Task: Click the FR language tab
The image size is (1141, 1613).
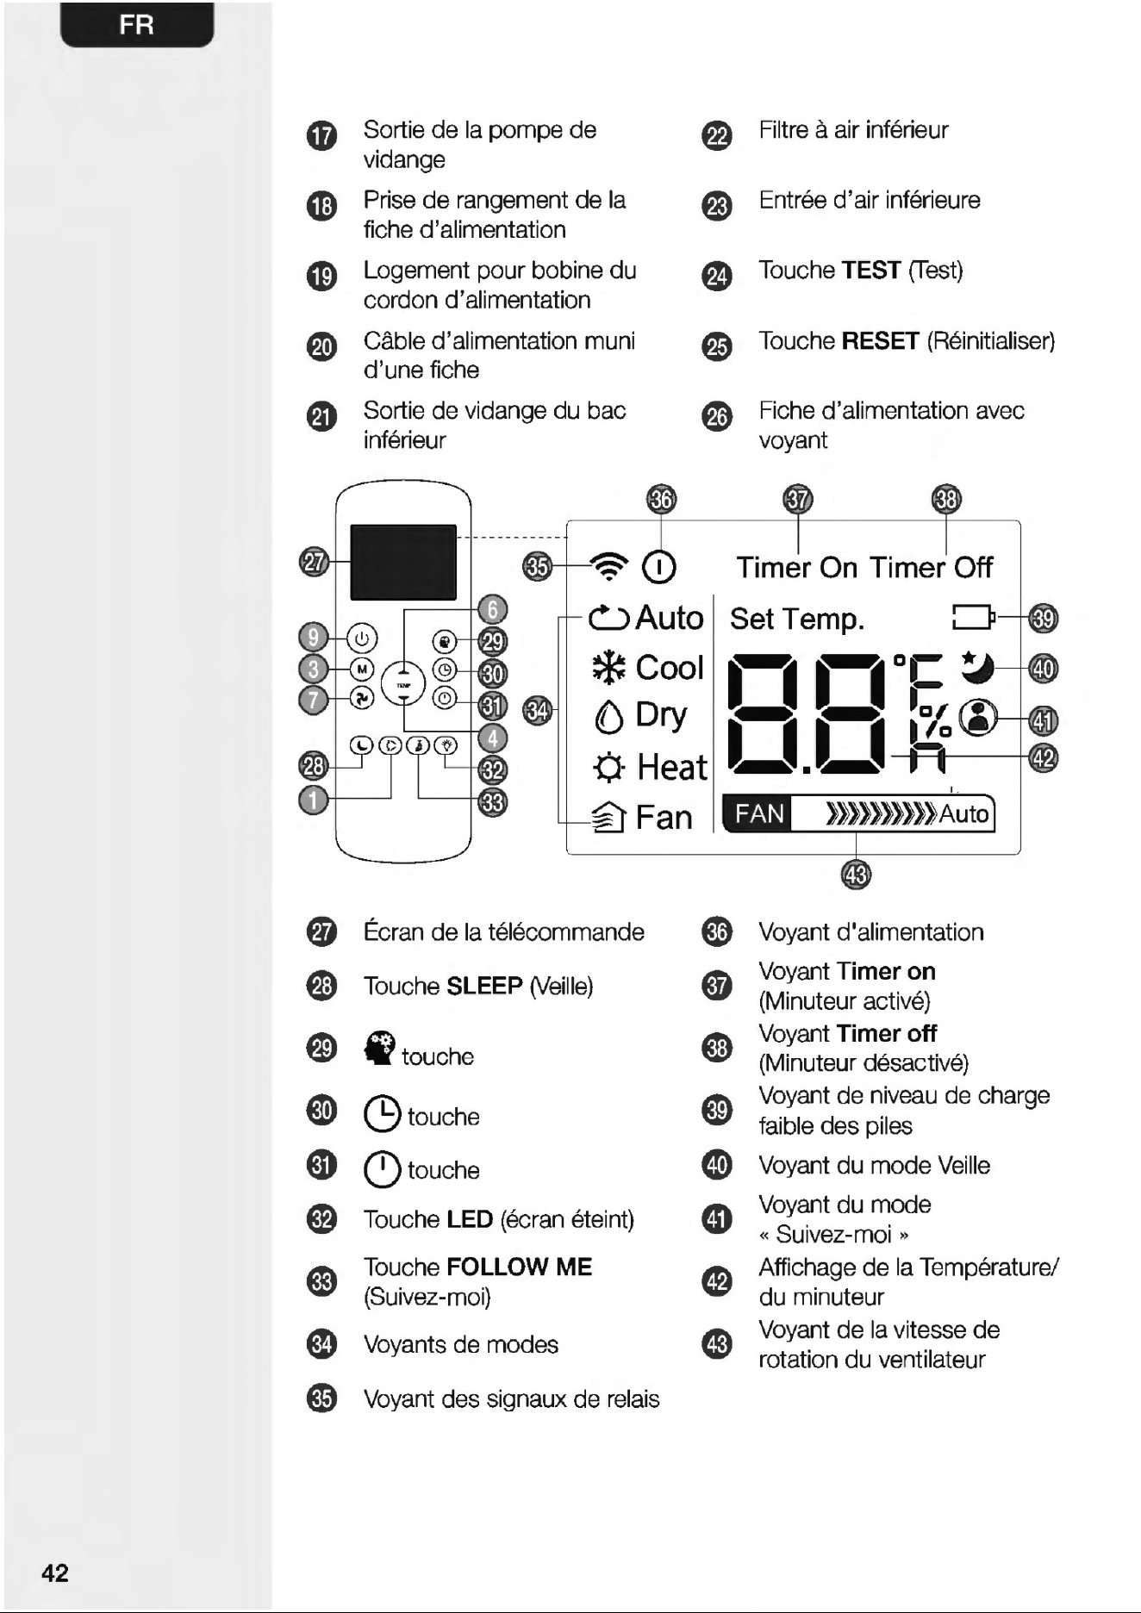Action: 137,25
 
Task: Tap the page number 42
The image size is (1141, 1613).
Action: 55,1573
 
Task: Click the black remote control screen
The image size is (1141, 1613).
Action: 402,562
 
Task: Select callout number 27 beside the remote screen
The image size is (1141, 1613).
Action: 315,563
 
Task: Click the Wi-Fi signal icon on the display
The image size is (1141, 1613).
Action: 609,566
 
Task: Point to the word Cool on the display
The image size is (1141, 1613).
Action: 670,668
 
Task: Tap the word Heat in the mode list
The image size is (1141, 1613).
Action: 672,767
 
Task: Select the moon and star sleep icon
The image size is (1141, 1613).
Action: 977,665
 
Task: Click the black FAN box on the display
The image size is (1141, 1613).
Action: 759,814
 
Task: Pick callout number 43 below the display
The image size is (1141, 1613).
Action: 856,875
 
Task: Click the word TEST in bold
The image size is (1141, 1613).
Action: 871,271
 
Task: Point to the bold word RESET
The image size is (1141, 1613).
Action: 881,341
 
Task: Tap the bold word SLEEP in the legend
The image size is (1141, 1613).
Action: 485,986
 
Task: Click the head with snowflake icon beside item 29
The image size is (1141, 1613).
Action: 380,1048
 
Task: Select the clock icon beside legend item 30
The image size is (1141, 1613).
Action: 382,1114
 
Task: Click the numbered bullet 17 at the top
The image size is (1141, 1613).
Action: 321,136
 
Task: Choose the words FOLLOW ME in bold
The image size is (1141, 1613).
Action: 520,1267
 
